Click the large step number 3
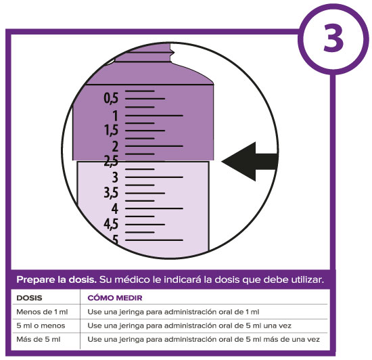[333, 38]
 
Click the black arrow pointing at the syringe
[250, 162]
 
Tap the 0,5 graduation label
[111, 98]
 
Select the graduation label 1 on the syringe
[115, 116]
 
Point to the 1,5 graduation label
[112, 131]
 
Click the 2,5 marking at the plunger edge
[111, 161]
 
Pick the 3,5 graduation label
[111, 192]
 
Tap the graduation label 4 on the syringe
[115, 209]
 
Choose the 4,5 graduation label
[111, 224]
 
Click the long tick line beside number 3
[154, 177]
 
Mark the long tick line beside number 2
[154, 146]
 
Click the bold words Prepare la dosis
[56, 279]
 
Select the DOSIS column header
[29, 298]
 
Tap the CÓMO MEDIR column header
[115, 298]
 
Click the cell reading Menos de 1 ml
[42, 311]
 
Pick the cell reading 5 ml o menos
[41, 325]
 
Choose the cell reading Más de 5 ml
[38, 339]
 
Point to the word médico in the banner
[133, 279]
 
